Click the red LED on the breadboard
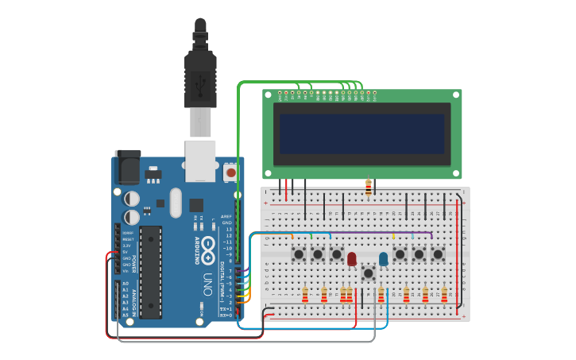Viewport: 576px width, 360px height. click(x=352, y=257)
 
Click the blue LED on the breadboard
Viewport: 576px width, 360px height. click(x=384, y=258)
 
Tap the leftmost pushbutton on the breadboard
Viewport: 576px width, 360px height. click(x=300, y=254)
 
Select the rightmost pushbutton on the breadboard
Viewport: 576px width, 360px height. click(x=437, y=254)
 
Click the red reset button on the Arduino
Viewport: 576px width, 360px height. click(x=230, y=171)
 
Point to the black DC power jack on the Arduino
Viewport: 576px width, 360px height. click(x=127, y=168)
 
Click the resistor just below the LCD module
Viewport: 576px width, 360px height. click(x=368, y=188)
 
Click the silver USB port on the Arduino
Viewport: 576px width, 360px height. click(x=200, y=157)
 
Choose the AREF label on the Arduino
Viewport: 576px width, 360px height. click(x=226, y=216)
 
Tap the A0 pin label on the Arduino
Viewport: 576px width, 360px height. click(x=125, y=284)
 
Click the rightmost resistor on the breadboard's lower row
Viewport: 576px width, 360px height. click(x=444, y=295)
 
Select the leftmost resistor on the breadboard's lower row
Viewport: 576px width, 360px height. click(x=305, y=295)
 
